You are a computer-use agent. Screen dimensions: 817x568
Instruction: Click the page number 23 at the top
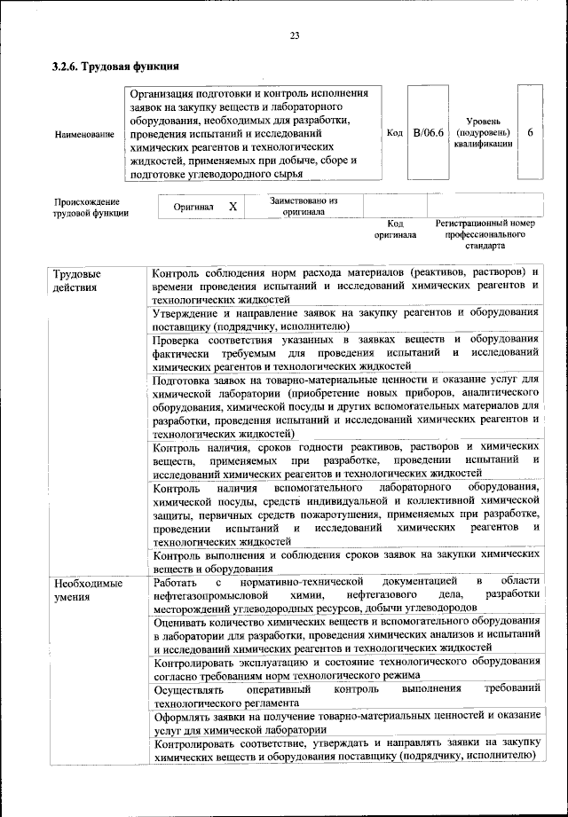[294, 35]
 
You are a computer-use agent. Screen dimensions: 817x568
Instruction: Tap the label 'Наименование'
[84, 135]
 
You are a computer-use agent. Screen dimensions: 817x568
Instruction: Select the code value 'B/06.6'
[428, 133]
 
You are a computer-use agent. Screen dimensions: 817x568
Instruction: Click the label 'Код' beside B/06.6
[395, 133]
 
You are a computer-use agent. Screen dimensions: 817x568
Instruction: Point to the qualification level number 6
[530, 132]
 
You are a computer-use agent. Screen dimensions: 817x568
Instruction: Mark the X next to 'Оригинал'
[233, 206]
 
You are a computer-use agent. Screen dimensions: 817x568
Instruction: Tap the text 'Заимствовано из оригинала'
[304, 206]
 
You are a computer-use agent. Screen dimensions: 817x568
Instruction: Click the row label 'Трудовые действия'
[75, 279]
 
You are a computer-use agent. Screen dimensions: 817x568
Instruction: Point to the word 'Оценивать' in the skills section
[184, 623]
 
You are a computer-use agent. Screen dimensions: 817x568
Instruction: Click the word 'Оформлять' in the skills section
[185, 715]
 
